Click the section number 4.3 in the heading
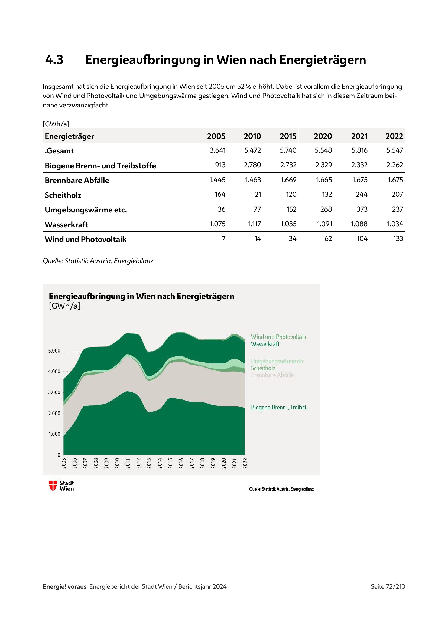click(54, 60)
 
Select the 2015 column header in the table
click(288, 136)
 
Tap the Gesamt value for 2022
click(394, 150)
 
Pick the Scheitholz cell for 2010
click(258, 195)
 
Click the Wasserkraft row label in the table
click(66, 225)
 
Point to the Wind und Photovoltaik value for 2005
click(223, 239)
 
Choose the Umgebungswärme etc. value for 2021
click(362, 209)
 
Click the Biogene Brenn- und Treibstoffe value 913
click(220, 165)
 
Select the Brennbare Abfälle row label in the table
click(77, 180)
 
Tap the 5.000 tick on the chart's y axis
click(54, 351)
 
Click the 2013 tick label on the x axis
click(149, 463)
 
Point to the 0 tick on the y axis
click(59, 455)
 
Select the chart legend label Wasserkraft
click(265, 344)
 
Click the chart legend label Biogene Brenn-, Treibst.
click(279, 408)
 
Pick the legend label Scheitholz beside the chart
click(263, 368)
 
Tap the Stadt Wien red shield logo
click(53, 486)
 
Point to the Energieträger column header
click(70, 136)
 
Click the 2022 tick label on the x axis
click(245, 463)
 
